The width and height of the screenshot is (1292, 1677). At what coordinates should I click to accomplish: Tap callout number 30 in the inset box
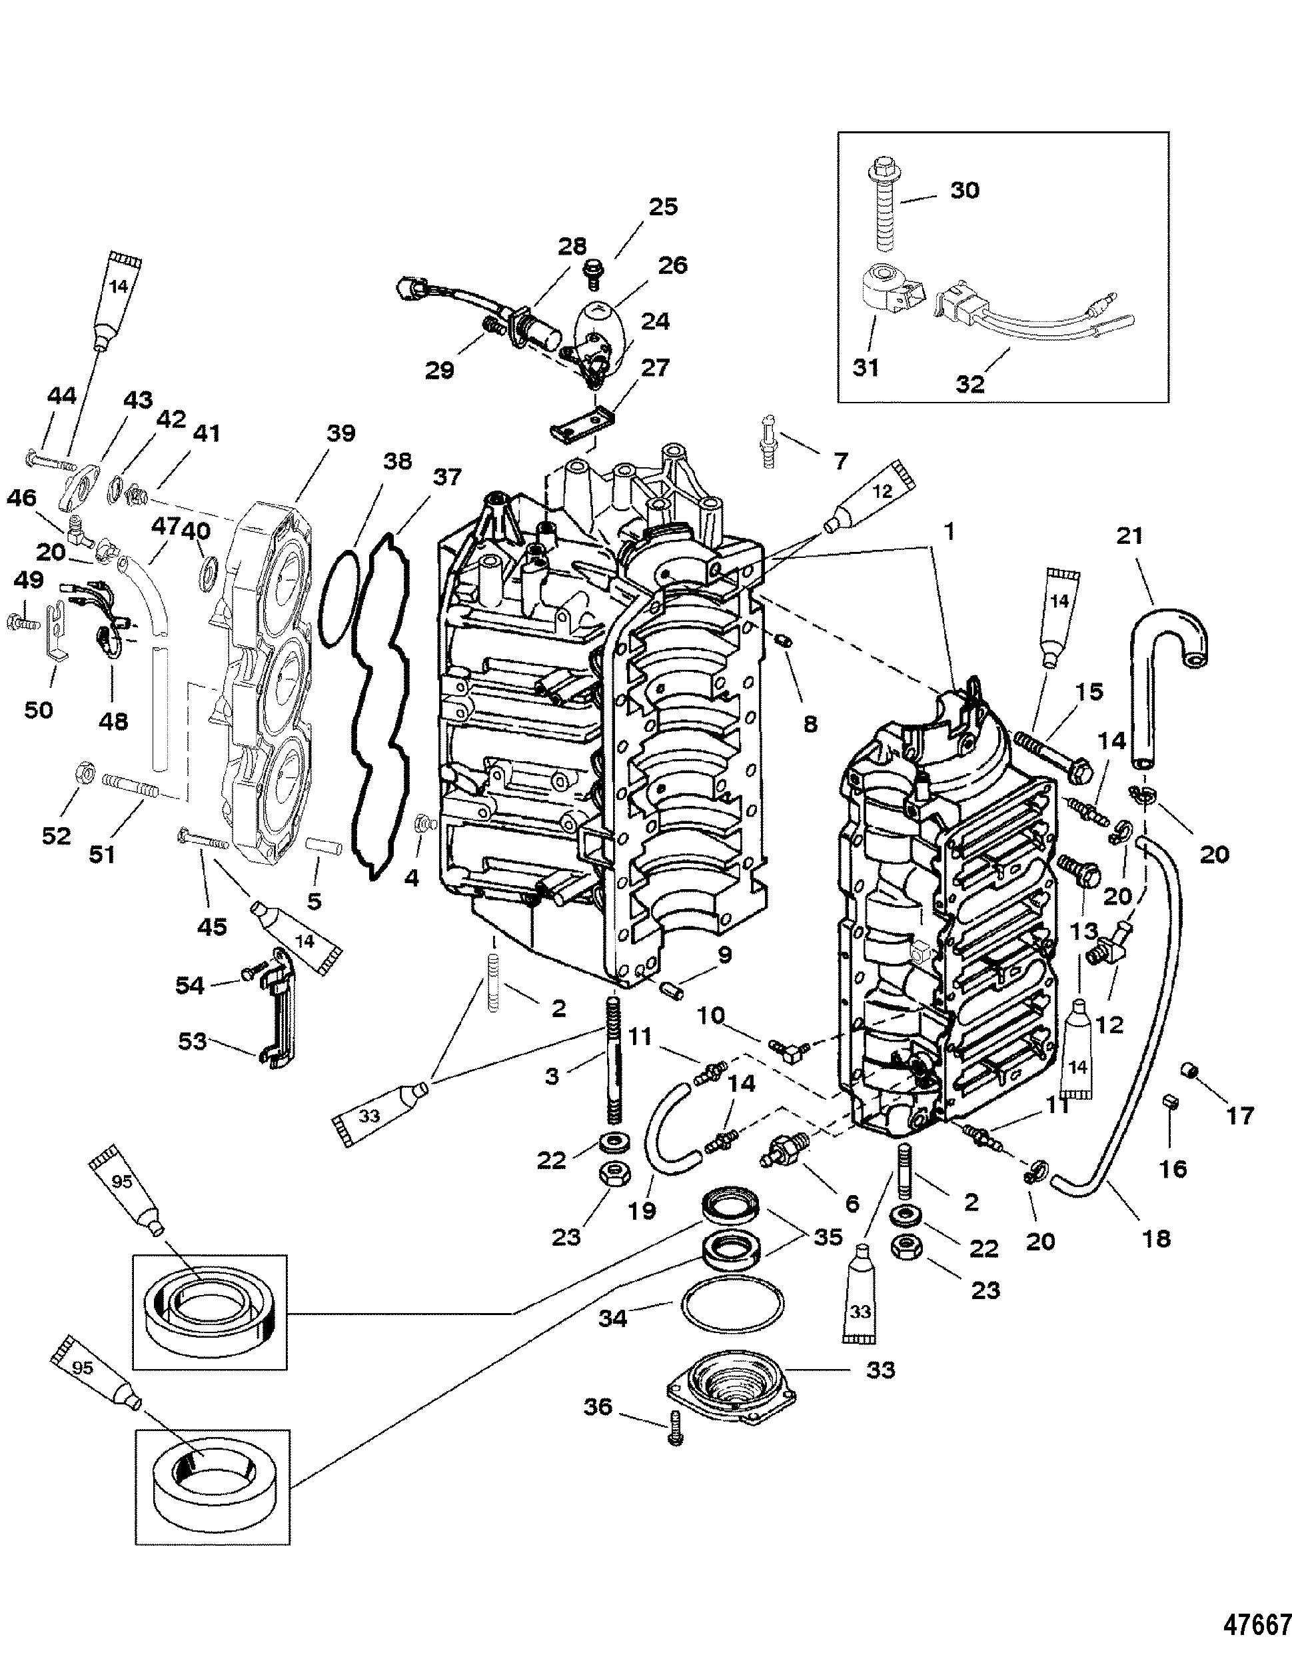coord(964,190)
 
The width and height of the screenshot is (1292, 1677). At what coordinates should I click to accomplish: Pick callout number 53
coord(193,1042)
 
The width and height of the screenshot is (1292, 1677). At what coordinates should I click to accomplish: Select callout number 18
coord(1156,1238)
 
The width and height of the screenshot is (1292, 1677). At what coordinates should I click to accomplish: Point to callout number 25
coord(663,207)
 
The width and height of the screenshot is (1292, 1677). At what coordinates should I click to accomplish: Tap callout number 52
coord(56,835)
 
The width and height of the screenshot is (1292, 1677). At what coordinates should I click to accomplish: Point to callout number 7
coord(840,461)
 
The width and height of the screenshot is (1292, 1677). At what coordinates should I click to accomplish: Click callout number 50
coord(39,709)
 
